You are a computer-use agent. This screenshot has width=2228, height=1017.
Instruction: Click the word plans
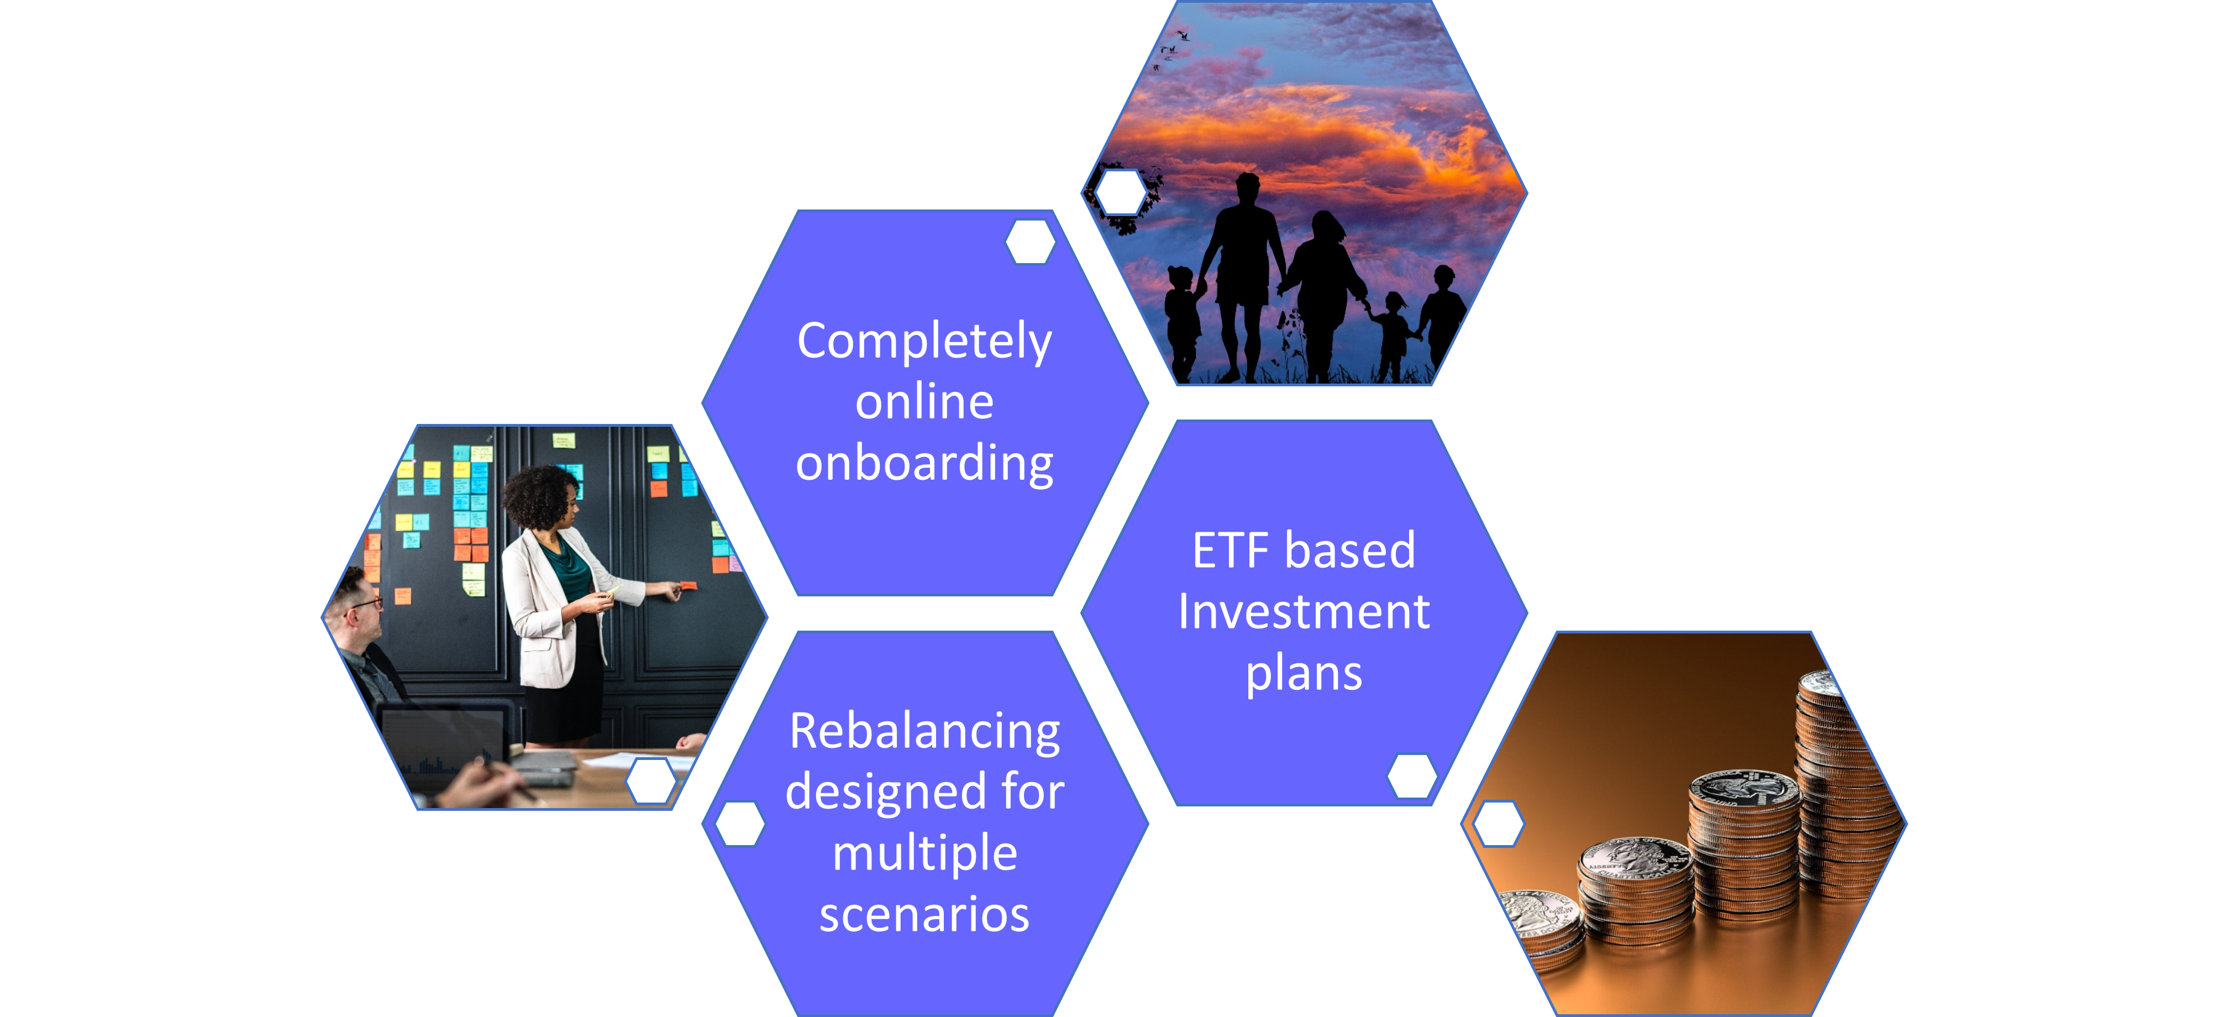click(x=1304, y=674)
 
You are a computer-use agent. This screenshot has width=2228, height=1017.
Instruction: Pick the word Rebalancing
click(x=924, y=732)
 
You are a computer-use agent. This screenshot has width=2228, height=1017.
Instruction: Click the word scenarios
click(x=924, y=914)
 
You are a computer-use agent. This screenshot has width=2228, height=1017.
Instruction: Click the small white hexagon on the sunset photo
click(x=1122, y=192)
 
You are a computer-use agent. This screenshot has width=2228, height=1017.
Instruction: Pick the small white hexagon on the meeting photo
click(x=651, y=781)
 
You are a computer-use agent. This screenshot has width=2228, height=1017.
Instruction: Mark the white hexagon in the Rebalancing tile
click(x=741, y=824)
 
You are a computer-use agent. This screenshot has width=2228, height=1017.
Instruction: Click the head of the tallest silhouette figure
click(x=1247, y=186)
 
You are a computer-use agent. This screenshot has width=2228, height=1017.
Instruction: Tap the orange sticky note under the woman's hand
click(x=689, y=585)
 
